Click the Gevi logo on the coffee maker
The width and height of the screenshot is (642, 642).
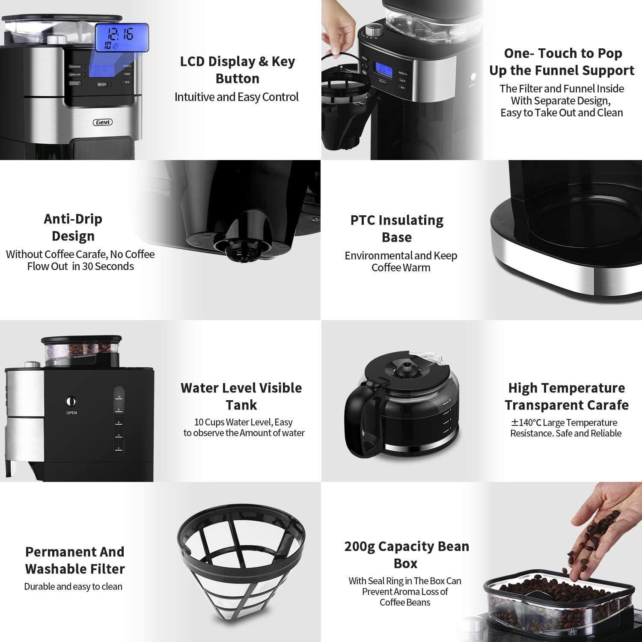point(103,122)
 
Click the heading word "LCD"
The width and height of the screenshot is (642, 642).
point(192,62)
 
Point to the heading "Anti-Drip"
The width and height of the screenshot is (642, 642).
point(73,219)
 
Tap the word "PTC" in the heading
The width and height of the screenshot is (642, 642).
point(363,220)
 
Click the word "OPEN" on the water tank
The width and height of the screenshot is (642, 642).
point(71,413)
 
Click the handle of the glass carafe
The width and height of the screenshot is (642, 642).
point(359,417)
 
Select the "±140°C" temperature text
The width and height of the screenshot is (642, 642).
point(526,423)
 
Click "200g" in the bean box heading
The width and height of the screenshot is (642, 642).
point(360,547)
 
